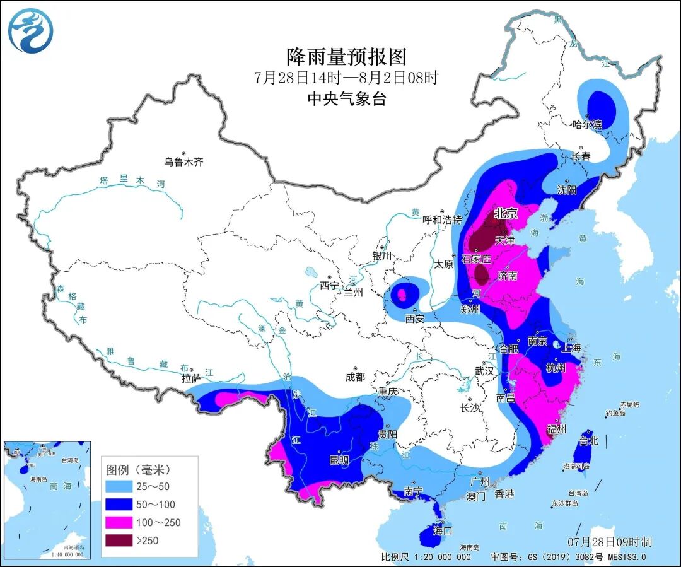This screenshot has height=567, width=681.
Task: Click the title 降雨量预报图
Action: [346, 57]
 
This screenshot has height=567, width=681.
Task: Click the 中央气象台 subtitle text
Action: [346, 99]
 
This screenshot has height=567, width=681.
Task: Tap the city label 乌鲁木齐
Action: [184, 162]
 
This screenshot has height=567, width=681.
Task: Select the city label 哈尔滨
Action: [588, 125]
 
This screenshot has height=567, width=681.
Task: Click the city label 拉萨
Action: [190, 379]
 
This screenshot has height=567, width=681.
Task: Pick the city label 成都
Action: [355, 377]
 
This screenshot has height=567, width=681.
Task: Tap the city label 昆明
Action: [339, 460]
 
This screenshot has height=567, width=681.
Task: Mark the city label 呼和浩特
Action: [442, 220]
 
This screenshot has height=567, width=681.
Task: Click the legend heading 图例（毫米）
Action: [139, 470]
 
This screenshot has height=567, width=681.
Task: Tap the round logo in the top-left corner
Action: [31, 31]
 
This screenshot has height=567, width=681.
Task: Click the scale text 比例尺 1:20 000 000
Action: [426, 557]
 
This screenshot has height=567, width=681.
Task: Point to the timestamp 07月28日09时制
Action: [609, 542]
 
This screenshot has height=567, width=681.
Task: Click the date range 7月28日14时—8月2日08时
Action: [346, 78]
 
